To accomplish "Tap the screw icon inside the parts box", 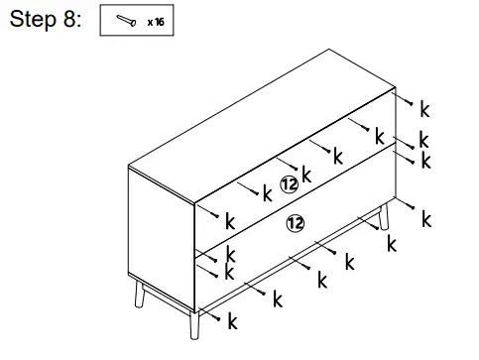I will [124, 21].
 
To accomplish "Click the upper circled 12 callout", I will [289, 183].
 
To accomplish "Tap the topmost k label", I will [424, 106].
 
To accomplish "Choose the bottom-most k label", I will [232, 321].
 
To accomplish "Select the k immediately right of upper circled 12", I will [306, 176].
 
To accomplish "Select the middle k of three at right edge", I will [424, 140].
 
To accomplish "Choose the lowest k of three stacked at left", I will [229, 271].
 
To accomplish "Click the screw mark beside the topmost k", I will [408, 101].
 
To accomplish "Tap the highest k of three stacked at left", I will [229, 220].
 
